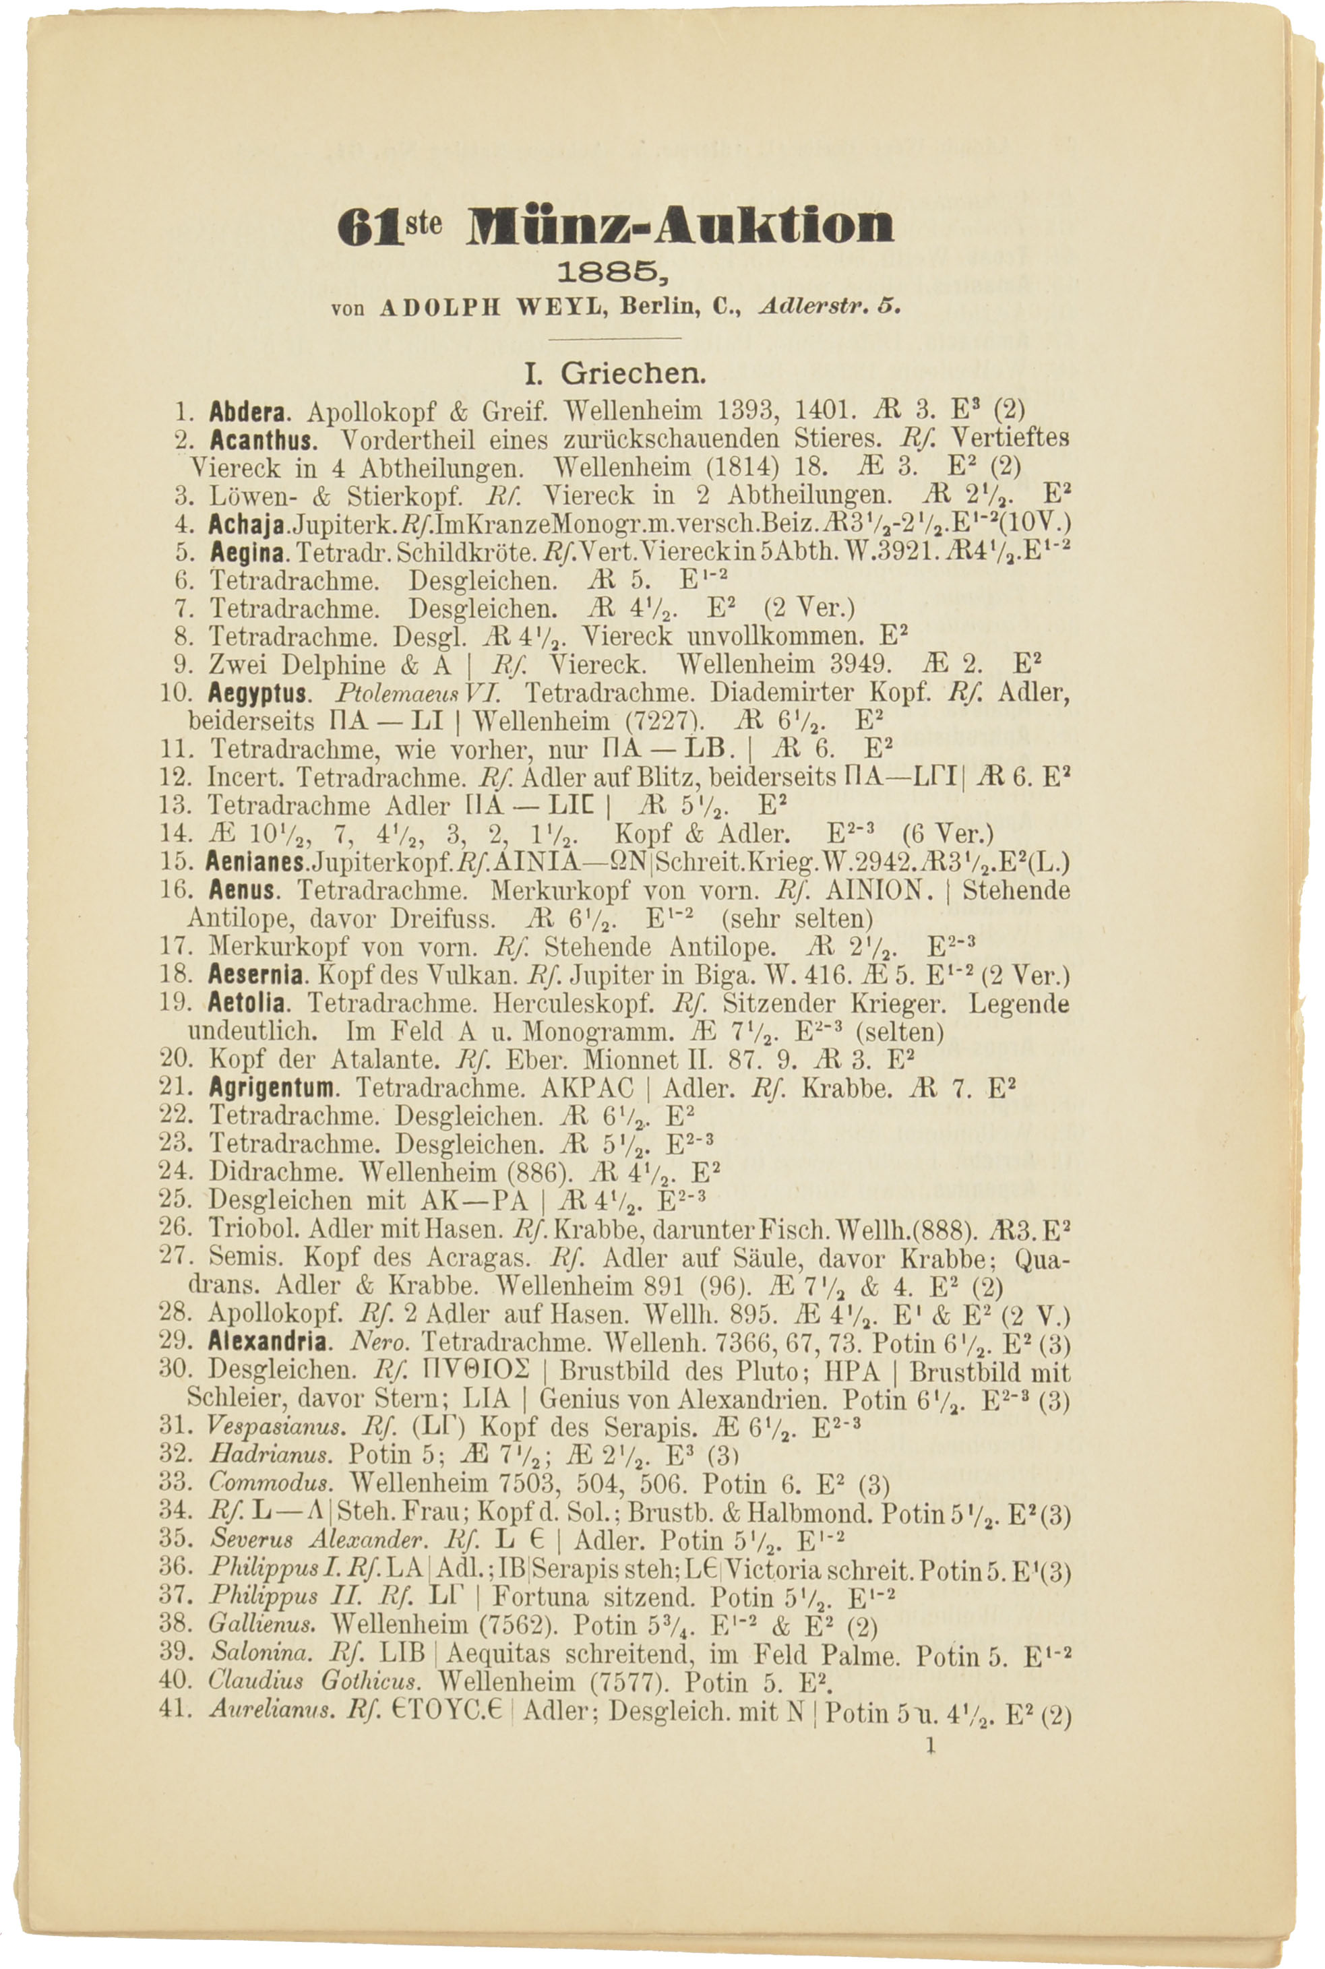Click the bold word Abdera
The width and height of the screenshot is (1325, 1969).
(250, 412)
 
